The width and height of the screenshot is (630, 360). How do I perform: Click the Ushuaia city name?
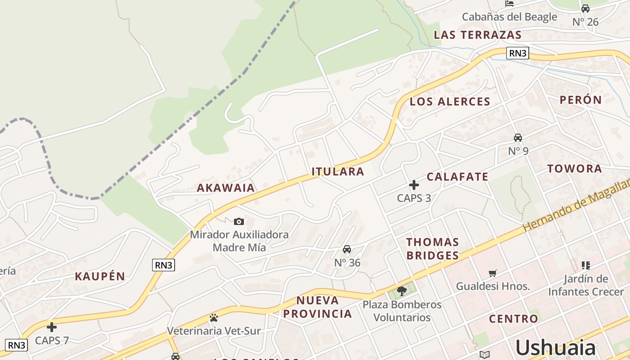[555, 348]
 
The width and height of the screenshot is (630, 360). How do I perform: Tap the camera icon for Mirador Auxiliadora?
[239, 221]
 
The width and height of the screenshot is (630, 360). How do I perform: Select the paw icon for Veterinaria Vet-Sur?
[214, 318]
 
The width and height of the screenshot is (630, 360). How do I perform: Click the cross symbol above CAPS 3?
[414, 184]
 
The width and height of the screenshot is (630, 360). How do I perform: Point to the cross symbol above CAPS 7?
[52, 327]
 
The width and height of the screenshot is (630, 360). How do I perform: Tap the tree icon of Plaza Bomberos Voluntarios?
[402, 291]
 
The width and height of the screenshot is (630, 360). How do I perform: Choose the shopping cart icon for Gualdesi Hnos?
[493, 273]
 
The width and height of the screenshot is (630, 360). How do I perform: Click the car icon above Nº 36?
[347, 249]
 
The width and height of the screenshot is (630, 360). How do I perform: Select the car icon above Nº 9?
[518, 138]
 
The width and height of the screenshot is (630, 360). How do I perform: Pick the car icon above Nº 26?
[585, 9]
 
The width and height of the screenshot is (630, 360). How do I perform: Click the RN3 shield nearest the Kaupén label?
[163, 265]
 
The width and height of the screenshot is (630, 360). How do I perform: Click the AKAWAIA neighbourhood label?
[226, 188]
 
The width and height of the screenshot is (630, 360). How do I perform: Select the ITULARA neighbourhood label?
[338, 171]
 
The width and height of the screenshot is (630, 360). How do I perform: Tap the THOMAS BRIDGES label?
[432, 249]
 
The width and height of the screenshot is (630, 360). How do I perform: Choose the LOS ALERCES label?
[450, 102]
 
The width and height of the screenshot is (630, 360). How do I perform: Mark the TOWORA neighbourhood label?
[575, 169]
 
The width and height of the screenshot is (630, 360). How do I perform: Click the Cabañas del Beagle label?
[509, 17]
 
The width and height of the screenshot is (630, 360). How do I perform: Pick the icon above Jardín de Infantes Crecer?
[585, 265]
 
